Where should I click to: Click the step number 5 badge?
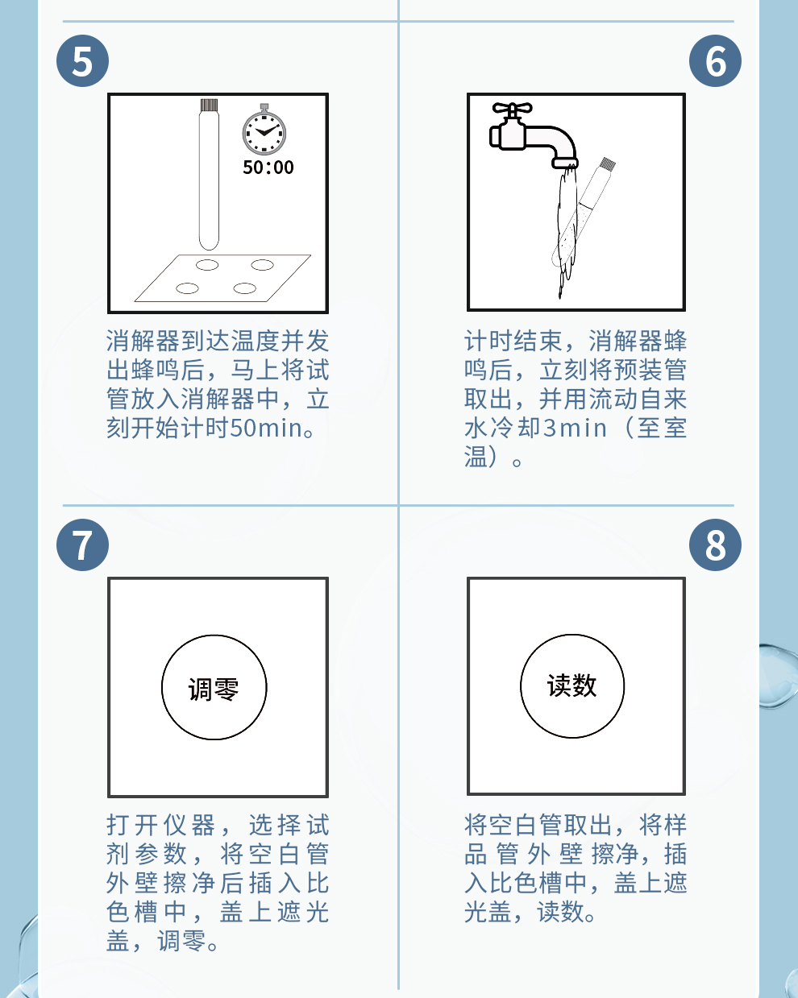[83, 60]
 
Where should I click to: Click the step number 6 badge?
[715, 60]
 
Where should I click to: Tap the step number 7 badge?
[83, 545]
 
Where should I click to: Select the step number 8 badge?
[715, 545]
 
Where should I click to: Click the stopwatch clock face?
[264, 133]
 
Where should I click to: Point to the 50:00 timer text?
[268, 168]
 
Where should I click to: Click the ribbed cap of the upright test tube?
[209, 106]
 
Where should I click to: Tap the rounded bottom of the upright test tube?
[209, 242]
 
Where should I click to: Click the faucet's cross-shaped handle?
[512, 110]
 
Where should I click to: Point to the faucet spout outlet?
[565, 163]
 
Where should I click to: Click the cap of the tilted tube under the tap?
[607, 164]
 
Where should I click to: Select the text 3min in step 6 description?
[575, 428]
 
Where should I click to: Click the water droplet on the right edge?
[779, 675]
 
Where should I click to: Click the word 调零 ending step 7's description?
[182, 941]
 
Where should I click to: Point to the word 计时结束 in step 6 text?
[513, 341]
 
